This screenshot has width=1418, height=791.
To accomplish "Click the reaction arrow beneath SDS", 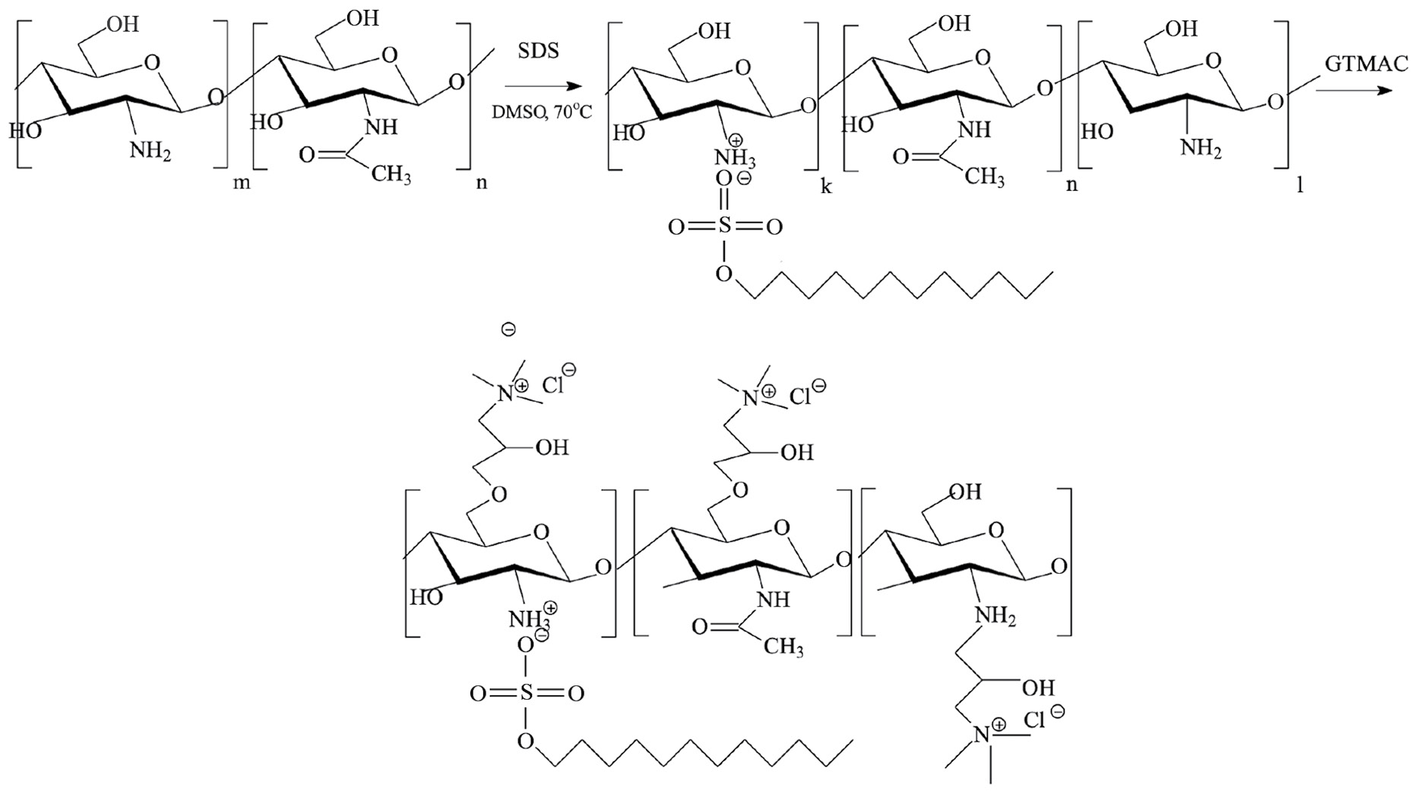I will click(536, 87).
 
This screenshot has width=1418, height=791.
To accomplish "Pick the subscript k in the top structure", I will click(825, 186).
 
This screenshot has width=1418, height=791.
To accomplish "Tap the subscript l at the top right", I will click(1300, 185).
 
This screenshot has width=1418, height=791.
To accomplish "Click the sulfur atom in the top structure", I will click(724, 226).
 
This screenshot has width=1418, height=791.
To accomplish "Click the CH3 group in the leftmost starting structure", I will click(391, 176).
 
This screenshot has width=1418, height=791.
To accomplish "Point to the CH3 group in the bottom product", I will click(784, 647).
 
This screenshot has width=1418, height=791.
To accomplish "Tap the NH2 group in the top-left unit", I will click(150, 151).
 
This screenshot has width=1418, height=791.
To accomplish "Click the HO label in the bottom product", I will click(426, 597).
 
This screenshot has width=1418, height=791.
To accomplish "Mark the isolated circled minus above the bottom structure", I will click(509, 330).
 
